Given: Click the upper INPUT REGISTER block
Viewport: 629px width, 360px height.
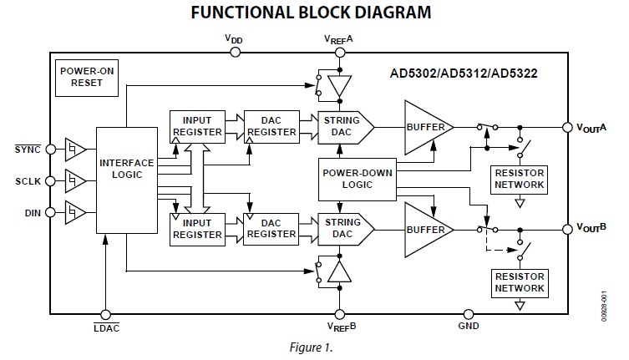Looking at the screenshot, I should click(197, 125).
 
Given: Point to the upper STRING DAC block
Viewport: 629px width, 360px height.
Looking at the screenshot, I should click(342, 125).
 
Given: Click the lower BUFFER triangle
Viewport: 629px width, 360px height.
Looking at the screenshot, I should click(426, 228).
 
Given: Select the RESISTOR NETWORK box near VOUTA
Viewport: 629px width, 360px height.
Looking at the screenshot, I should click(520, 178).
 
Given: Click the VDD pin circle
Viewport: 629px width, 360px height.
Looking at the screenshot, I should click(235, 52).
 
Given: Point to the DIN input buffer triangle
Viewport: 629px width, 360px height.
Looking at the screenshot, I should click(74, 212).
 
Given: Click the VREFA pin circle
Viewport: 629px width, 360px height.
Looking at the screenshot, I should click(339, 52).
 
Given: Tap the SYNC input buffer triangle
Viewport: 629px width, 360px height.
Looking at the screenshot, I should click(74, 150).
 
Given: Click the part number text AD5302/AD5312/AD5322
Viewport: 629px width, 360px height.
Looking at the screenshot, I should click(463, 74).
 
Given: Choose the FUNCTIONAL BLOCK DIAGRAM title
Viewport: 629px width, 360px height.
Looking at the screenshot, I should click(312, 13).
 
